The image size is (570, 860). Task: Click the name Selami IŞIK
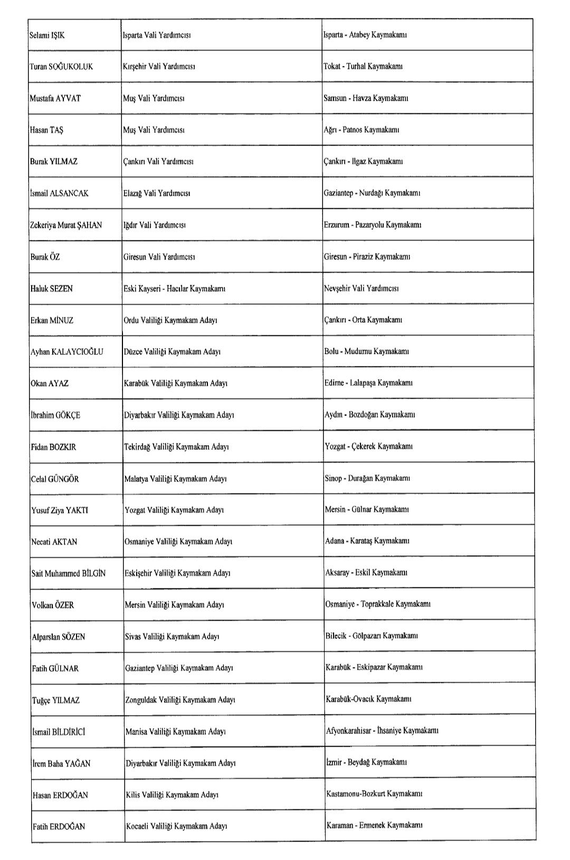point(47,35)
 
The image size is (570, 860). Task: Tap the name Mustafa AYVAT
point(55,98)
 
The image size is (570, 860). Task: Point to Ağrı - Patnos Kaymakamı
point(362,130)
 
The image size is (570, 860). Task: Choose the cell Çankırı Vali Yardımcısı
point(158,161)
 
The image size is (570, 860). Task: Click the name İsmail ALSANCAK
point(59,193)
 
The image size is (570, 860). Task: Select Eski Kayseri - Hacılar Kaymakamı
point(175,288)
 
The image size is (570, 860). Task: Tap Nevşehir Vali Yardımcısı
point(362,288)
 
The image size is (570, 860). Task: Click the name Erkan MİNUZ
point(52,320)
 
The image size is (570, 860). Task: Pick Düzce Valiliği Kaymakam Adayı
point(172,352)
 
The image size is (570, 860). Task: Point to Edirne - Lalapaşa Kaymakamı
point(368,383)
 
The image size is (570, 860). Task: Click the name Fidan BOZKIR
point(53,447)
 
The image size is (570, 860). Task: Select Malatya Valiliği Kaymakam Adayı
point(176,479)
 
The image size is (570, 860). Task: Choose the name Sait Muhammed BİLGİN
point(69,573)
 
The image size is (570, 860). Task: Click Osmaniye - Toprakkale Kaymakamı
point(378,604)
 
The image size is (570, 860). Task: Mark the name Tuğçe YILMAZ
point(56,700)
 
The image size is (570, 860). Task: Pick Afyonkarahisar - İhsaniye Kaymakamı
point(382,730)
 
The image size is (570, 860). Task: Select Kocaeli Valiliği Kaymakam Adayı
point(177,826)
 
